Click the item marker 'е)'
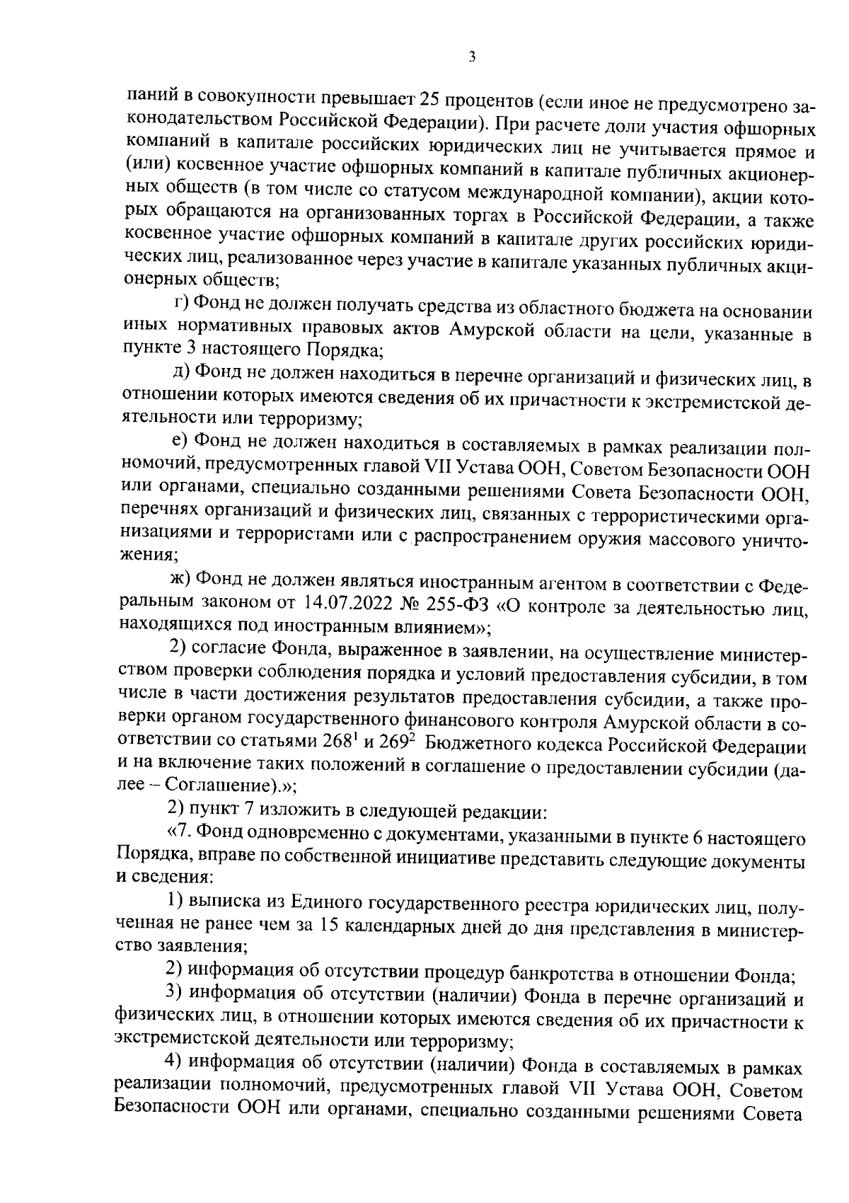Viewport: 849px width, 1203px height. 180,440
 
